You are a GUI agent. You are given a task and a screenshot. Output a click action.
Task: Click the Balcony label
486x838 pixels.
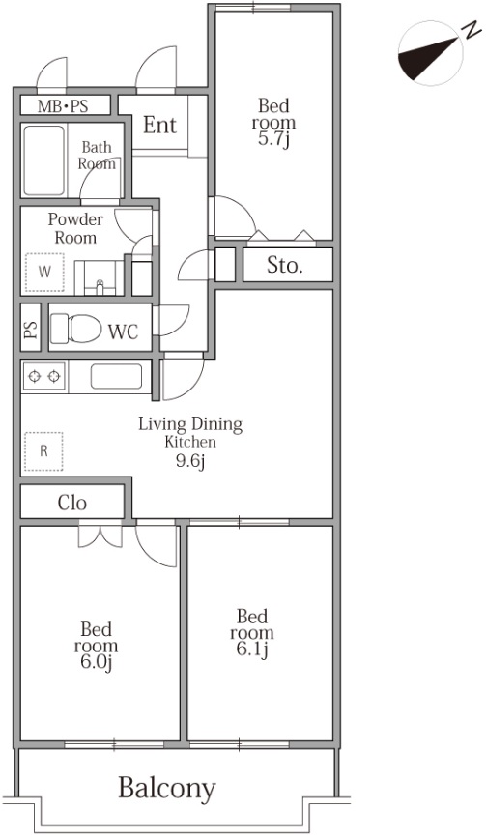167,789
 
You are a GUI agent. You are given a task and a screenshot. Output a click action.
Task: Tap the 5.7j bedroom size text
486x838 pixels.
275,139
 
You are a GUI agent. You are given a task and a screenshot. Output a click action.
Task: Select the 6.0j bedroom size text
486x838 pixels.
96,663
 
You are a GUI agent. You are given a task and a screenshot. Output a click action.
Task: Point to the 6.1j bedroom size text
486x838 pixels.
251,650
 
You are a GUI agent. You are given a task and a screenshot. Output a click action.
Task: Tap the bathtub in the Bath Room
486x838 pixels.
44,160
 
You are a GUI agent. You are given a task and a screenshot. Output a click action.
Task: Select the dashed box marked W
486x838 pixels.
44,272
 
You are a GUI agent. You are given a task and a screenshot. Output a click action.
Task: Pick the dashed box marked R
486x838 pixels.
43,451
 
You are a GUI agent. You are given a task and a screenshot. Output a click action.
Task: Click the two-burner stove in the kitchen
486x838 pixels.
43,376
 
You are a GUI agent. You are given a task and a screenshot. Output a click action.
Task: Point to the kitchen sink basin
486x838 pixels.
116,376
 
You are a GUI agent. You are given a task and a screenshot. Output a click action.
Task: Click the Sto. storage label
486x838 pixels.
285,266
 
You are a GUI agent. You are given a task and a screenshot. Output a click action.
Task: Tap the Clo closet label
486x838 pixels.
72,503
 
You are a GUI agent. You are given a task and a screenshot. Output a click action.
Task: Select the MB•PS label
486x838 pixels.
63,106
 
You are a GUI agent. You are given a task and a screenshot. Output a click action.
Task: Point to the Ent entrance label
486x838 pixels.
159,125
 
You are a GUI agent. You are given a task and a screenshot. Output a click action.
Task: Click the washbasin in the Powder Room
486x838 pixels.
100,278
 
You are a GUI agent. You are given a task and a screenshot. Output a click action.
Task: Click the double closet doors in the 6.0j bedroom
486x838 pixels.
100,537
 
